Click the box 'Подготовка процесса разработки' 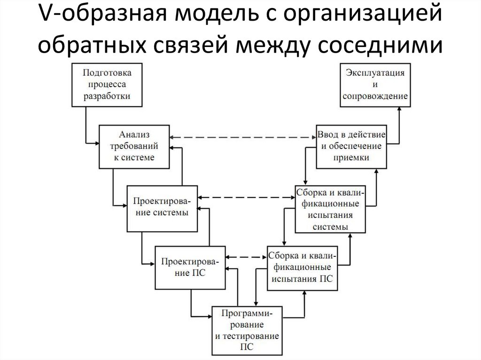[x=107, y=84]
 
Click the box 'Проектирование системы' [x=162, y=207]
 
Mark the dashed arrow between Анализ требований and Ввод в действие [x=242, y=138]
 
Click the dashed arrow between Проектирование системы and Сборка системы [x=246, y=198]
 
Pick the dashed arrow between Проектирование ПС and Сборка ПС [x=246, y=257]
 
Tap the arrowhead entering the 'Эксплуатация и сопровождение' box [x=399, y=108]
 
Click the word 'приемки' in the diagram [x=351, y=158]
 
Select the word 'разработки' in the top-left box [x=107, y=96]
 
